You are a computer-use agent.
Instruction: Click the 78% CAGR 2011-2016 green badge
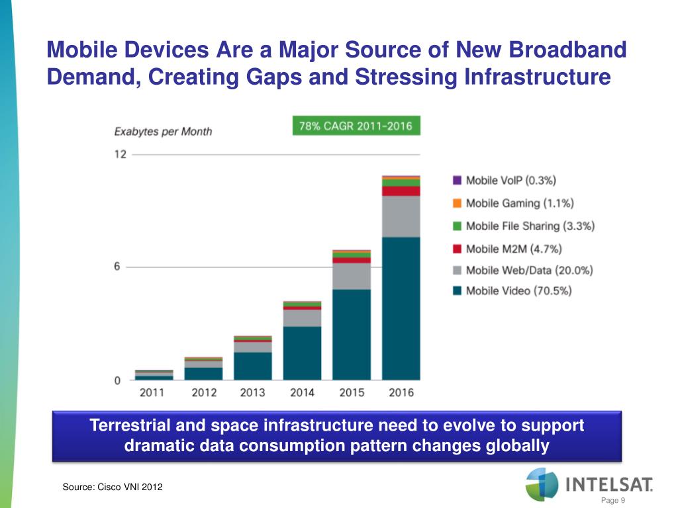[x=356, y=126]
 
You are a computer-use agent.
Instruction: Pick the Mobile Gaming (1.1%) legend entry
[x=513, y=203]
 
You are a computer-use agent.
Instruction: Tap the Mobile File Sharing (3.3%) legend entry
[x=524, y=226]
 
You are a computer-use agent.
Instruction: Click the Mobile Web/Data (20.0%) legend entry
[x=523, y=270]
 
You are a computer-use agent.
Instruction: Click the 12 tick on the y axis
[x=119, y=154]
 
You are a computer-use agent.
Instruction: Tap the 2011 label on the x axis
[x=153, y=392]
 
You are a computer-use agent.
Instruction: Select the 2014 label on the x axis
[x=302, y=392]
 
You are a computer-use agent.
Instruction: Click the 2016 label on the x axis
[x=401, y=392]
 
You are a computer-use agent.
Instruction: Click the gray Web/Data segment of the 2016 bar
[x=401, y=216]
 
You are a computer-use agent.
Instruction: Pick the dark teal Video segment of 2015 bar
[x=352, y=334]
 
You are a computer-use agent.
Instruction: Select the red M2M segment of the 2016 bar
[x=401, y=191]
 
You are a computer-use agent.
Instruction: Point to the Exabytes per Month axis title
[x=163, y=131]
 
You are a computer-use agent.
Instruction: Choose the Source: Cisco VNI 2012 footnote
[x=112, y=487]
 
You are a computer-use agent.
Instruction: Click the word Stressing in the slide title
[x=407, y=77]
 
